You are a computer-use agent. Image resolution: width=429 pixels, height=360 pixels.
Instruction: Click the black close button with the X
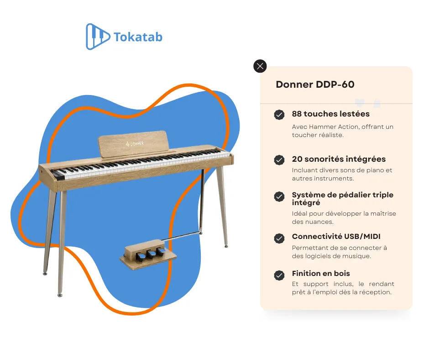click(260, 66)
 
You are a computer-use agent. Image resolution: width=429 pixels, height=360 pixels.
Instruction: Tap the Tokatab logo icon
click(98, 37)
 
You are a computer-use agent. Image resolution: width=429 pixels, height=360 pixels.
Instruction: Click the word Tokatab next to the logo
click(138, 37)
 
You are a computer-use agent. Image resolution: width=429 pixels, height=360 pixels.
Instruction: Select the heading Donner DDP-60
click(315, 85)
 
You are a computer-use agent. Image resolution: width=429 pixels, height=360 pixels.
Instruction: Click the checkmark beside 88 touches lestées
click(279, 115)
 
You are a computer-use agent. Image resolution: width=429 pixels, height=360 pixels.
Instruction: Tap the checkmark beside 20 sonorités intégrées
click(279, 160)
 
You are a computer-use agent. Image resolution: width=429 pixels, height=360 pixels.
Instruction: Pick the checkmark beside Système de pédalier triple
click(279, 196)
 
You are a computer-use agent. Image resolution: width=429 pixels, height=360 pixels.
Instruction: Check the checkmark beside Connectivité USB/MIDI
click(279, 238)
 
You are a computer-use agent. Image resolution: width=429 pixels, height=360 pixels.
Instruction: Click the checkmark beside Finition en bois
click(279, 275)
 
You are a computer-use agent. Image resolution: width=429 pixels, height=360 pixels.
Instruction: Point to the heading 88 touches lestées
click(330, 114)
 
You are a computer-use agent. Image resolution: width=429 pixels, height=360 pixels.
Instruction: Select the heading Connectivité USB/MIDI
click(336, 237)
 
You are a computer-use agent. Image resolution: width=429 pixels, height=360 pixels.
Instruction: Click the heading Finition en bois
click(321, 274)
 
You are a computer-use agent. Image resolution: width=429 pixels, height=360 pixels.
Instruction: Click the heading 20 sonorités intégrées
click(339, 159)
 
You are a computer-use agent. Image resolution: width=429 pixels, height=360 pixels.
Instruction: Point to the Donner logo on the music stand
click(135, 143)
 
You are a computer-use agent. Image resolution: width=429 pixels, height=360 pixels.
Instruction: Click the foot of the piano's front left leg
click(60, 295)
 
